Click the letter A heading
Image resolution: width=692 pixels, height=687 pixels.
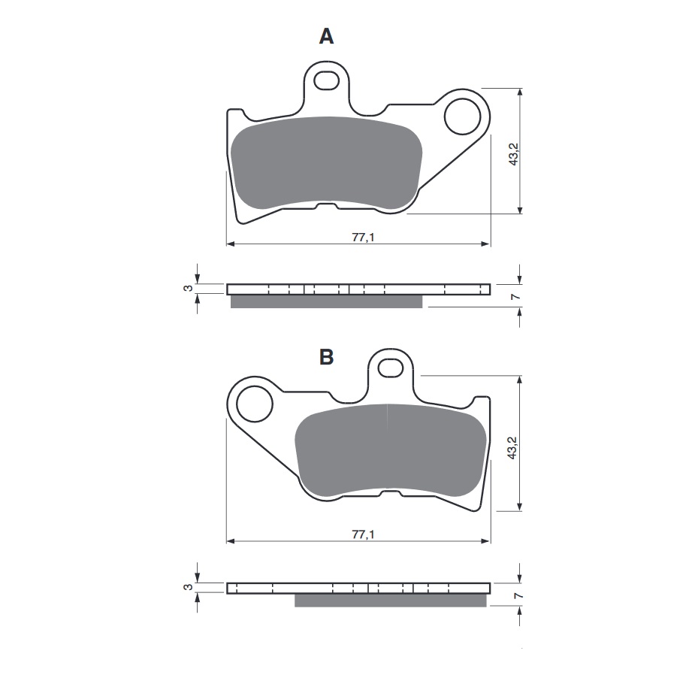[326, 36]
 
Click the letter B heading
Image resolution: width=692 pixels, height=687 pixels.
[326, 357]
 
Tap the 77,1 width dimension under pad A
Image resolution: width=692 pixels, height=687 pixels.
[359, 237]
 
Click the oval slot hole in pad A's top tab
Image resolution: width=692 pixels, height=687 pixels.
[327, 79]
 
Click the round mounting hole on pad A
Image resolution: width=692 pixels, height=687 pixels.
[462, 117]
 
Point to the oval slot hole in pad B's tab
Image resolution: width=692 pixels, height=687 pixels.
[390, 368]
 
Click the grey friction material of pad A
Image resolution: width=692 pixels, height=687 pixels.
[326, 162]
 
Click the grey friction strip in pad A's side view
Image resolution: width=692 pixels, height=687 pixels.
[326, 301]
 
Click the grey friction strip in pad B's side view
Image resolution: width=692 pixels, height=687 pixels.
[390, 601]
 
